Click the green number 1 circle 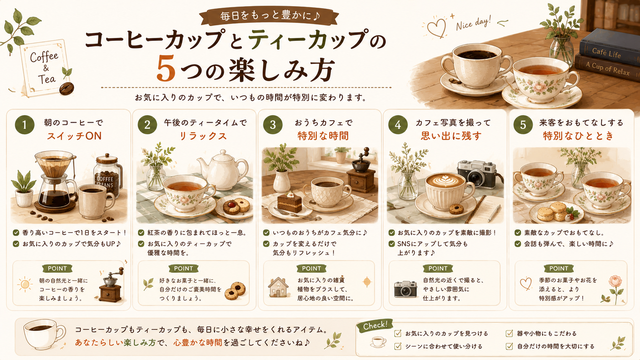pyautogui.click(x=24, y=125)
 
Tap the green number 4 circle pyautogui.click(x=398, y=125)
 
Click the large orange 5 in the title pyautogui.click(x=166, y=69)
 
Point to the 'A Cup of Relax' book pyautogui.click(x=607, y=68)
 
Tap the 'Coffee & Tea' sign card pyautogui.click(x=45, y=68)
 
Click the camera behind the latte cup pyautogui.click(x=476, y=174)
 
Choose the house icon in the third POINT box pyautogui.click(x=278, y=287)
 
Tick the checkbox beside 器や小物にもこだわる pyautogui.click(x=509, y=333)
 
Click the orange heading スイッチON pyautogui.click(x=74, y=136)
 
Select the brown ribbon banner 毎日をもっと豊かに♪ pyautogui.click(x=269, y=16)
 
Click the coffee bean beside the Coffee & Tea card pyautogui.click(x=67, y=88)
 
